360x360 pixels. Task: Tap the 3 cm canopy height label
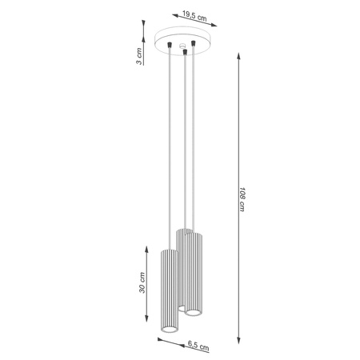140,57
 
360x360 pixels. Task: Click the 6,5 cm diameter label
199,347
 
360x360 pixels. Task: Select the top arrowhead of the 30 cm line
146,245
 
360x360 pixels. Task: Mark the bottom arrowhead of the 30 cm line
146,328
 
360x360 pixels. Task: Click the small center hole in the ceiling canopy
183,44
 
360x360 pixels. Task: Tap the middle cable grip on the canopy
185,52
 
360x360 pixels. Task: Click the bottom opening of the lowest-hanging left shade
168,332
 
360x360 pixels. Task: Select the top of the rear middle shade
185,232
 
